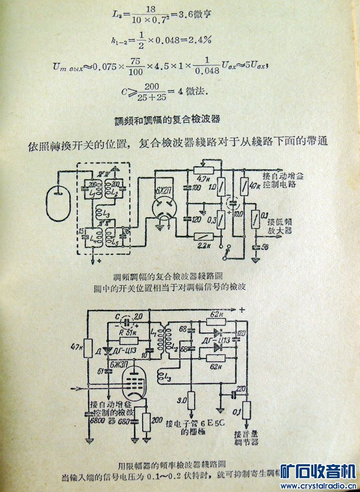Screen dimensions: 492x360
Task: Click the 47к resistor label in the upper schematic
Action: (x=255, y=184)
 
